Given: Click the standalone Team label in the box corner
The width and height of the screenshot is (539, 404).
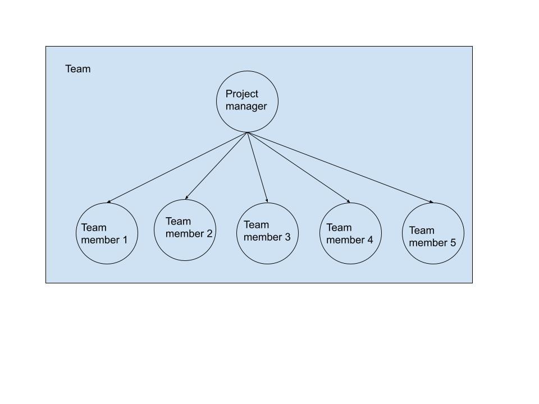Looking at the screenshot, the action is point(78,69).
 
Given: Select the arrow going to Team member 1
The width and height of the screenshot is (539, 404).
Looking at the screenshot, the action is point(177,168).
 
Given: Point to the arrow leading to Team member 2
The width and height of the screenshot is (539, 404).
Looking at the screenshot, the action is point(216,166).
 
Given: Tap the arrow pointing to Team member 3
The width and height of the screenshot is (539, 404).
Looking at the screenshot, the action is point(258,167).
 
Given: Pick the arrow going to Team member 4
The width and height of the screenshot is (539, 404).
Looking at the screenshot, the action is point(299,167).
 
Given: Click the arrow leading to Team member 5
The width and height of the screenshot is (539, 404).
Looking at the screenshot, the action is point(340,168).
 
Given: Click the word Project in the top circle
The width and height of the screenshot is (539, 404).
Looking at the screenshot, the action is point(241,94).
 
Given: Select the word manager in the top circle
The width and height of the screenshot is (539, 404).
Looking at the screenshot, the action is point(246,107).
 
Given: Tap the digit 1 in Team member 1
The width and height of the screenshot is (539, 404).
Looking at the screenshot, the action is point(125,240).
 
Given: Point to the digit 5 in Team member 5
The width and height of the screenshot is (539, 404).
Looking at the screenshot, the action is point(453,242).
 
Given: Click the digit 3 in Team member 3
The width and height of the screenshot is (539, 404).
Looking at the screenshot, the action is point(287,237).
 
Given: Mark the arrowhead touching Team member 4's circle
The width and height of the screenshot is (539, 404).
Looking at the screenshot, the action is point(348,201).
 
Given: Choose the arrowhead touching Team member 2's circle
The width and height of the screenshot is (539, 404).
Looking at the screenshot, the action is point(186,198).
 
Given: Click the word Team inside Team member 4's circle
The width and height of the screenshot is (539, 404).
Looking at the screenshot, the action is point(339,227).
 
